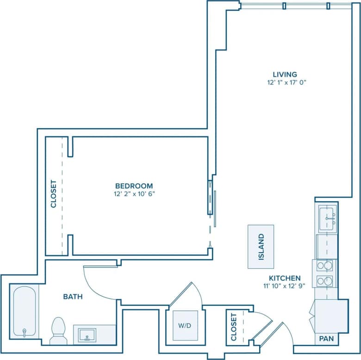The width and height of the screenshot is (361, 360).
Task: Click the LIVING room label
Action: click(284, 74)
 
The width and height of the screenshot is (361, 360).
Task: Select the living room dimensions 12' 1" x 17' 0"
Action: click(284, 82)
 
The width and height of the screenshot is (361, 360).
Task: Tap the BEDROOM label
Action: click(135, 186)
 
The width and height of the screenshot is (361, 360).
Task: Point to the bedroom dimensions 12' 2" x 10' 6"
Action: click(135, 194)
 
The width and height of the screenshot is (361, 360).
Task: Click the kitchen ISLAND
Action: click(261, 247)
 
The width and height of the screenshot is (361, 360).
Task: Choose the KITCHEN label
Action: click(285, 278)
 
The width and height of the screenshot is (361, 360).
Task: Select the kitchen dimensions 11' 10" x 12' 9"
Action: click(285, 286)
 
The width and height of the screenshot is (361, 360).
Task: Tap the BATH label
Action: click(73, 297)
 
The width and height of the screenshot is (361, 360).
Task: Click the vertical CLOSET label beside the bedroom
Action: click(53, 194)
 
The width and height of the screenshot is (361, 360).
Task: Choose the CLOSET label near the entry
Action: click(234, 327)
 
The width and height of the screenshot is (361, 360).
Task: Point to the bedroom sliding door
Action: click(214, 202)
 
